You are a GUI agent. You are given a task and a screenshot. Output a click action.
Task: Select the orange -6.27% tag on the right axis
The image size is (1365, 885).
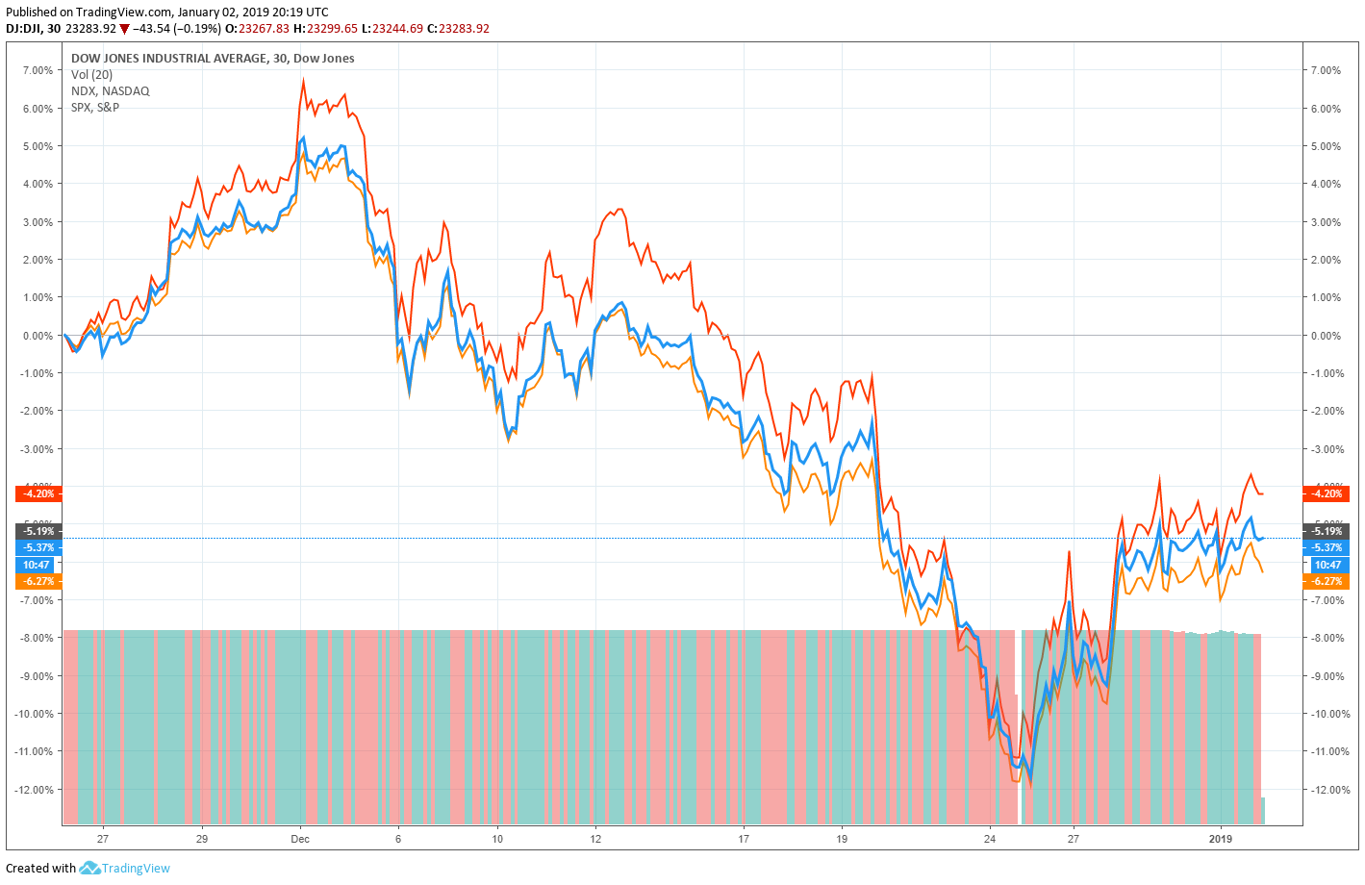1327,581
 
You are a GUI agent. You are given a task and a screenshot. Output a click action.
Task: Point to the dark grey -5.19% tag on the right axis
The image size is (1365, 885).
1327,531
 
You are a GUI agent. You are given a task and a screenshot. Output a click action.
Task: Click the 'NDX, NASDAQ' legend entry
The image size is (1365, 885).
110,90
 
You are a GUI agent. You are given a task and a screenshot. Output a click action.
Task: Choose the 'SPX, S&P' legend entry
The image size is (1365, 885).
95,107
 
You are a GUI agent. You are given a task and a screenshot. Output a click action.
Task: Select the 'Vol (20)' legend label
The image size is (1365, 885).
91,74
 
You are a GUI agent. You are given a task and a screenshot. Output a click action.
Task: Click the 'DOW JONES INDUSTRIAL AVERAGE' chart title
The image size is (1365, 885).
168,58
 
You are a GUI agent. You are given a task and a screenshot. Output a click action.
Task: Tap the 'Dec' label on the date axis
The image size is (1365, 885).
300,839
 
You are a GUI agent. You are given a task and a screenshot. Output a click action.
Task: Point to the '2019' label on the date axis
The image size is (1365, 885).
1220,839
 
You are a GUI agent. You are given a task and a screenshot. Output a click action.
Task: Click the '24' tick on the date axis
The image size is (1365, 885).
991,839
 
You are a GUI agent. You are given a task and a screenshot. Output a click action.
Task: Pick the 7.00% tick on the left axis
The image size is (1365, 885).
38,70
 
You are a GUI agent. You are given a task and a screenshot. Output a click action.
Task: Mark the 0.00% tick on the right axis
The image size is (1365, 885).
1326,336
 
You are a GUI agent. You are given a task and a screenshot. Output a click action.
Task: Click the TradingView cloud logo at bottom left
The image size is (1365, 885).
89,868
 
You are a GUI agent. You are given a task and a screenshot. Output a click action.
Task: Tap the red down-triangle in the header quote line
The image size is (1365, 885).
124,29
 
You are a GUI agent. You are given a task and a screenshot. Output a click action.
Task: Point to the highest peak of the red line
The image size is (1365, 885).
304,80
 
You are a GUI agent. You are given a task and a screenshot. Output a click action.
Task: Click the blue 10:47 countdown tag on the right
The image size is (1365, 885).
1327,565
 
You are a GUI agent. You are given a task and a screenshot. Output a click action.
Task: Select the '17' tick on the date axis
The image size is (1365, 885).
744,839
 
